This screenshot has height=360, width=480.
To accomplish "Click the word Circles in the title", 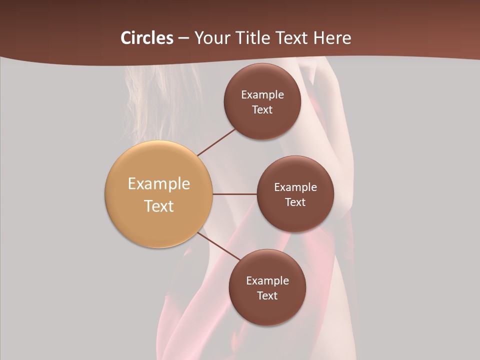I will click(146, 38).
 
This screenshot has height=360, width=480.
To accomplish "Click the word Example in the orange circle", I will click(159, 184).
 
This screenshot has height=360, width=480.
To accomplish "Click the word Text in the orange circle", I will click(159, 206).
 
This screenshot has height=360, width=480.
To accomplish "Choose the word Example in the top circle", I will click(262, 94).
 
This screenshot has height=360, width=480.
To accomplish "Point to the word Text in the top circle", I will click(262, 109).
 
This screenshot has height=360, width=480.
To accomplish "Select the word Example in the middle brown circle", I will click(295, 187).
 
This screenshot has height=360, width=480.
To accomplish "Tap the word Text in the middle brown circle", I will click(295, 202).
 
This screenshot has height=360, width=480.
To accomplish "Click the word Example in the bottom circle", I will click(267, 280).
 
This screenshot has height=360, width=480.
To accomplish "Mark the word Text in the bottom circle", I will click(267, 295).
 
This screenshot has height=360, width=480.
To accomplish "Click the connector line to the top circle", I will click(216, 142).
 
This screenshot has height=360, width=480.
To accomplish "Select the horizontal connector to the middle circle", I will click(235, 194).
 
